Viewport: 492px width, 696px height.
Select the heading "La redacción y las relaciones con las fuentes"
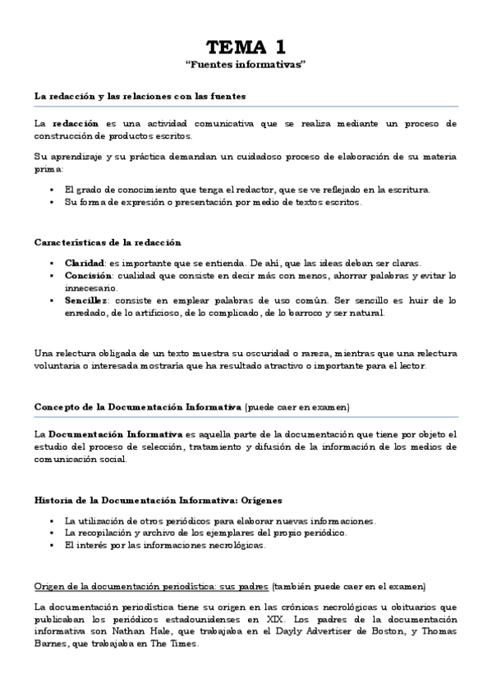pos(140,96)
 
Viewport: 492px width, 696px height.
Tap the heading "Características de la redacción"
pos(108,242)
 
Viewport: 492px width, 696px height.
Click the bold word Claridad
pos(85,263)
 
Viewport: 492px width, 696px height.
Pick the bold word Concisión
pos(88,276)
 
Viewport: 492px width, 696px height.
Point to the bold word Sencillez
pos(87,300)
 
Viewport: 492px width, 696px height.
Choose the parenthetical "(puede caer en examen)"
pos(297,407)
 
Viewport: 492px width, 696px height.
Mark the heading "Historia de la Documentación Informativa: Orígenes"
pos(158,500)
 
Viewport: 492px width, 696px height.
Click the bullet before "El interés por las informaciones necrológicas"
pos(52,546)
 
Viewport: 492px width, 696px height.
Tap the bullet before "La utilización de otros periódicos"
pos(52,520)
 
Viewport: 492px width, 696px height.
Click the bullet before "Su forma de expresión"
pos(52,202)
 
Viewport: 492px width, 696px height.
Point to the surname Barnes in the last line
pos(48,646)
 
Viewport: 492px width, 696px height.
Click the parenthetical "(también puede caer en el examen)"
pos(349,587)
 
